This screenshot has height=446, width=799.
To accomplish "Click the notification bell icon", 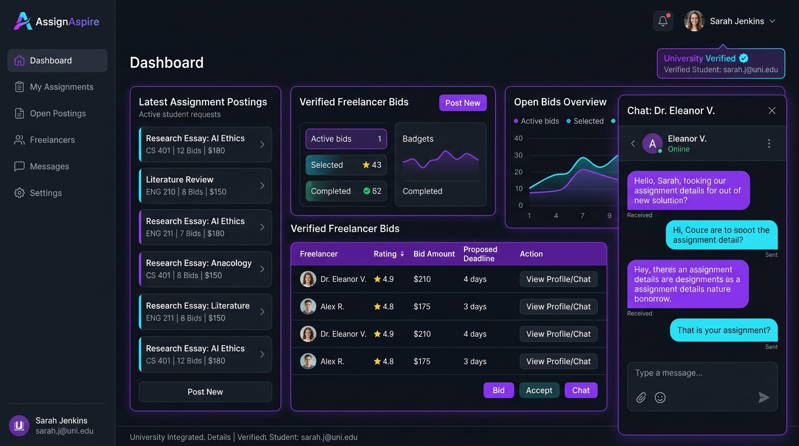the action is (x=663, y=21).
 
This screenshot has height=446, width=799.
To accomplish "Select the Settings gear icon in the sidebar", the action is (x=19, y=193).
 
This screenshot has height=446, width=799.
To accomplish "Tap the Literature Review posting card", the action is (x=205, y=185).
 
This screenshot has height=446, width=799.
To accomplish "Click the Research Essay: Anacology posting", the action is (x=205, y=269).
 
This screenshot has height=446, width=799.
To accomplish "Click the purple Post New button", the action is (x=463, y=103).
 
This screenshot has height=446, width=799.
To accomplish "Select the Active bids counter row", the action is (x=346, y=139).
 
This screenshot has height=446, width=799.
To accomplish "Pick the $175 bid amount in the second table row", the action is (x=422, y=307).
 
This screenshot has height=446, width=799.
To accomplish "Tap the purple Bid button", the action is (x=498, y=390).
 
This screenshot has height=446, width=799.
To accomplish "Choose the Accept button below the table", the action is (x=539, y=390).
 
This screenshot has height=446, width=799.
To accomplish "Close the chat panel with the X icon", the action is (x=772, y=110).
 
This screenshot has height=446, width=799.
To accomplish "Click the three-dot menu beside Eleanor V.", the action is (x=769, y=143).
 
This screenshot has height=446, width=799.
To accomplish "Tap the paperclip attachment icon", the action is (x=641, y=397).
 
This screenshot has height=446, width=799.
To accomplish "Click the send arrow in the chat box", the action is (x=764, y=397).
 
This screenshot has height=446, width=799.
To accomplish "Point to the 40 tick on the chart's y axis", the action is (x=519, y=138).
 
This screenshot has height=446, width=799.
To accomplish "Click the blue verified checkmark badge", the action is (x=744, y=58).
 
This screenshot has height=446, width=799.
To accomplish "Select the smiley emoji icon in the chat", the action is (x=660, y=397).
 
